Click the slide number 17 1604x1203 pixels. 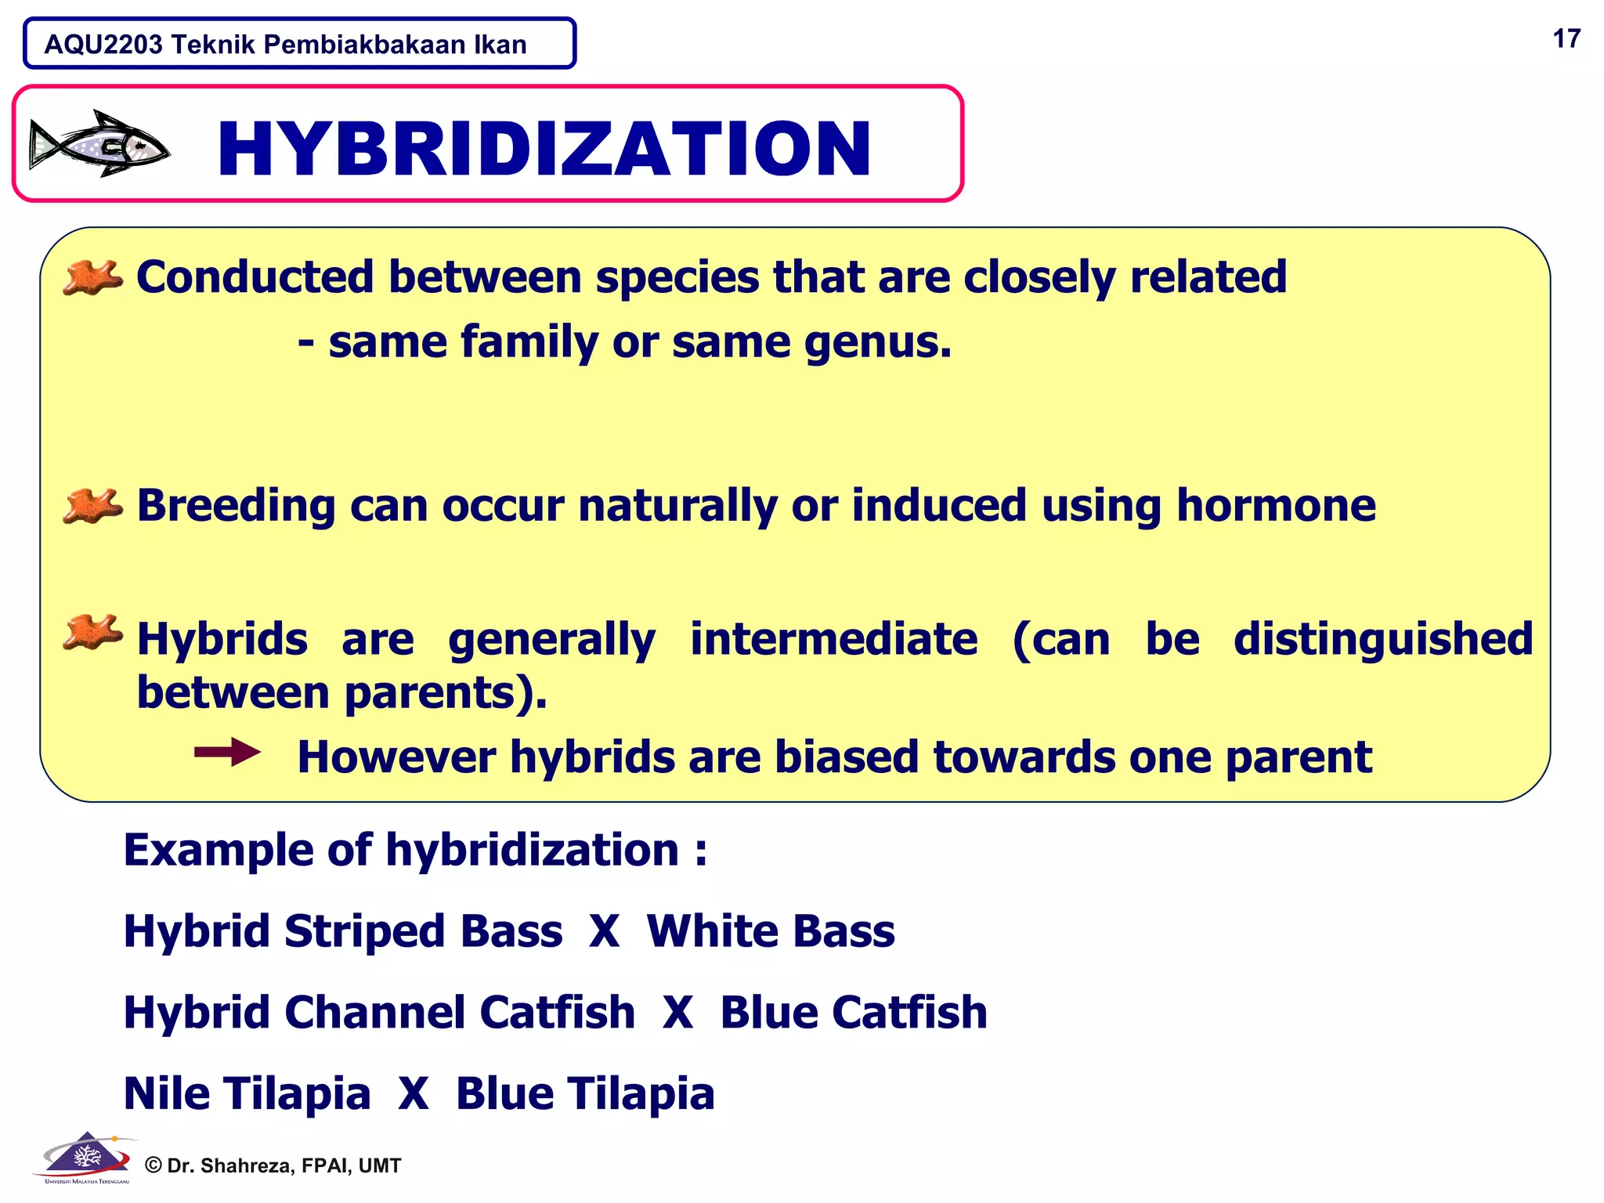(x=1566, y=39)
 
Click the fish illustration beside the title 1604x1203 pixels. (x=99, y=144)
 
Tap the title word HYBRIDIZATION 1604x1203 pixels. (x=544, y=149)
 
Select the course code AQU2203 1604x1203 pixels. (x=103, y=45)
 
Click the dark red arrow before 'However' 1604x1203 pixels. (x=227, y=753)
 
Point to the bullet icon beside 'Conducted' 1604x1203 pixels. (x=93, y=278)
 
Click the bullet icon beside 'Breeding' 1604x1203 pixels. (x=93, y=506)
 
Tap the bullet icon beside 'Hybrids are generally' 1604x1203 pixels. (x=93, y=633)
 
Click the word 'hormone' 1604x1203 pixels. (x=1276, y=505)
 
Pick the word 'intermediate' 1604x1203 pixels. (x=833, y=639)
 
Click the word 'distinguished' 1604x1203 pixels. (x=1383, y=639)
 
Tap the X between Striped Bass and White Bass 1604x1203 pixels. (x=604, y=931)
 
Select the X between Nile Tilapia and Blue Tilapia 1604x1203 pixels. (x=413, y=1093)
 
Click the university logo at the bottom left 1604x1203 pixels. (x=86, y=1158)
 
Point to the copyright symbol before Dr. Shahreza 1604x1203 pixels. (x=154, y=1165)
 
